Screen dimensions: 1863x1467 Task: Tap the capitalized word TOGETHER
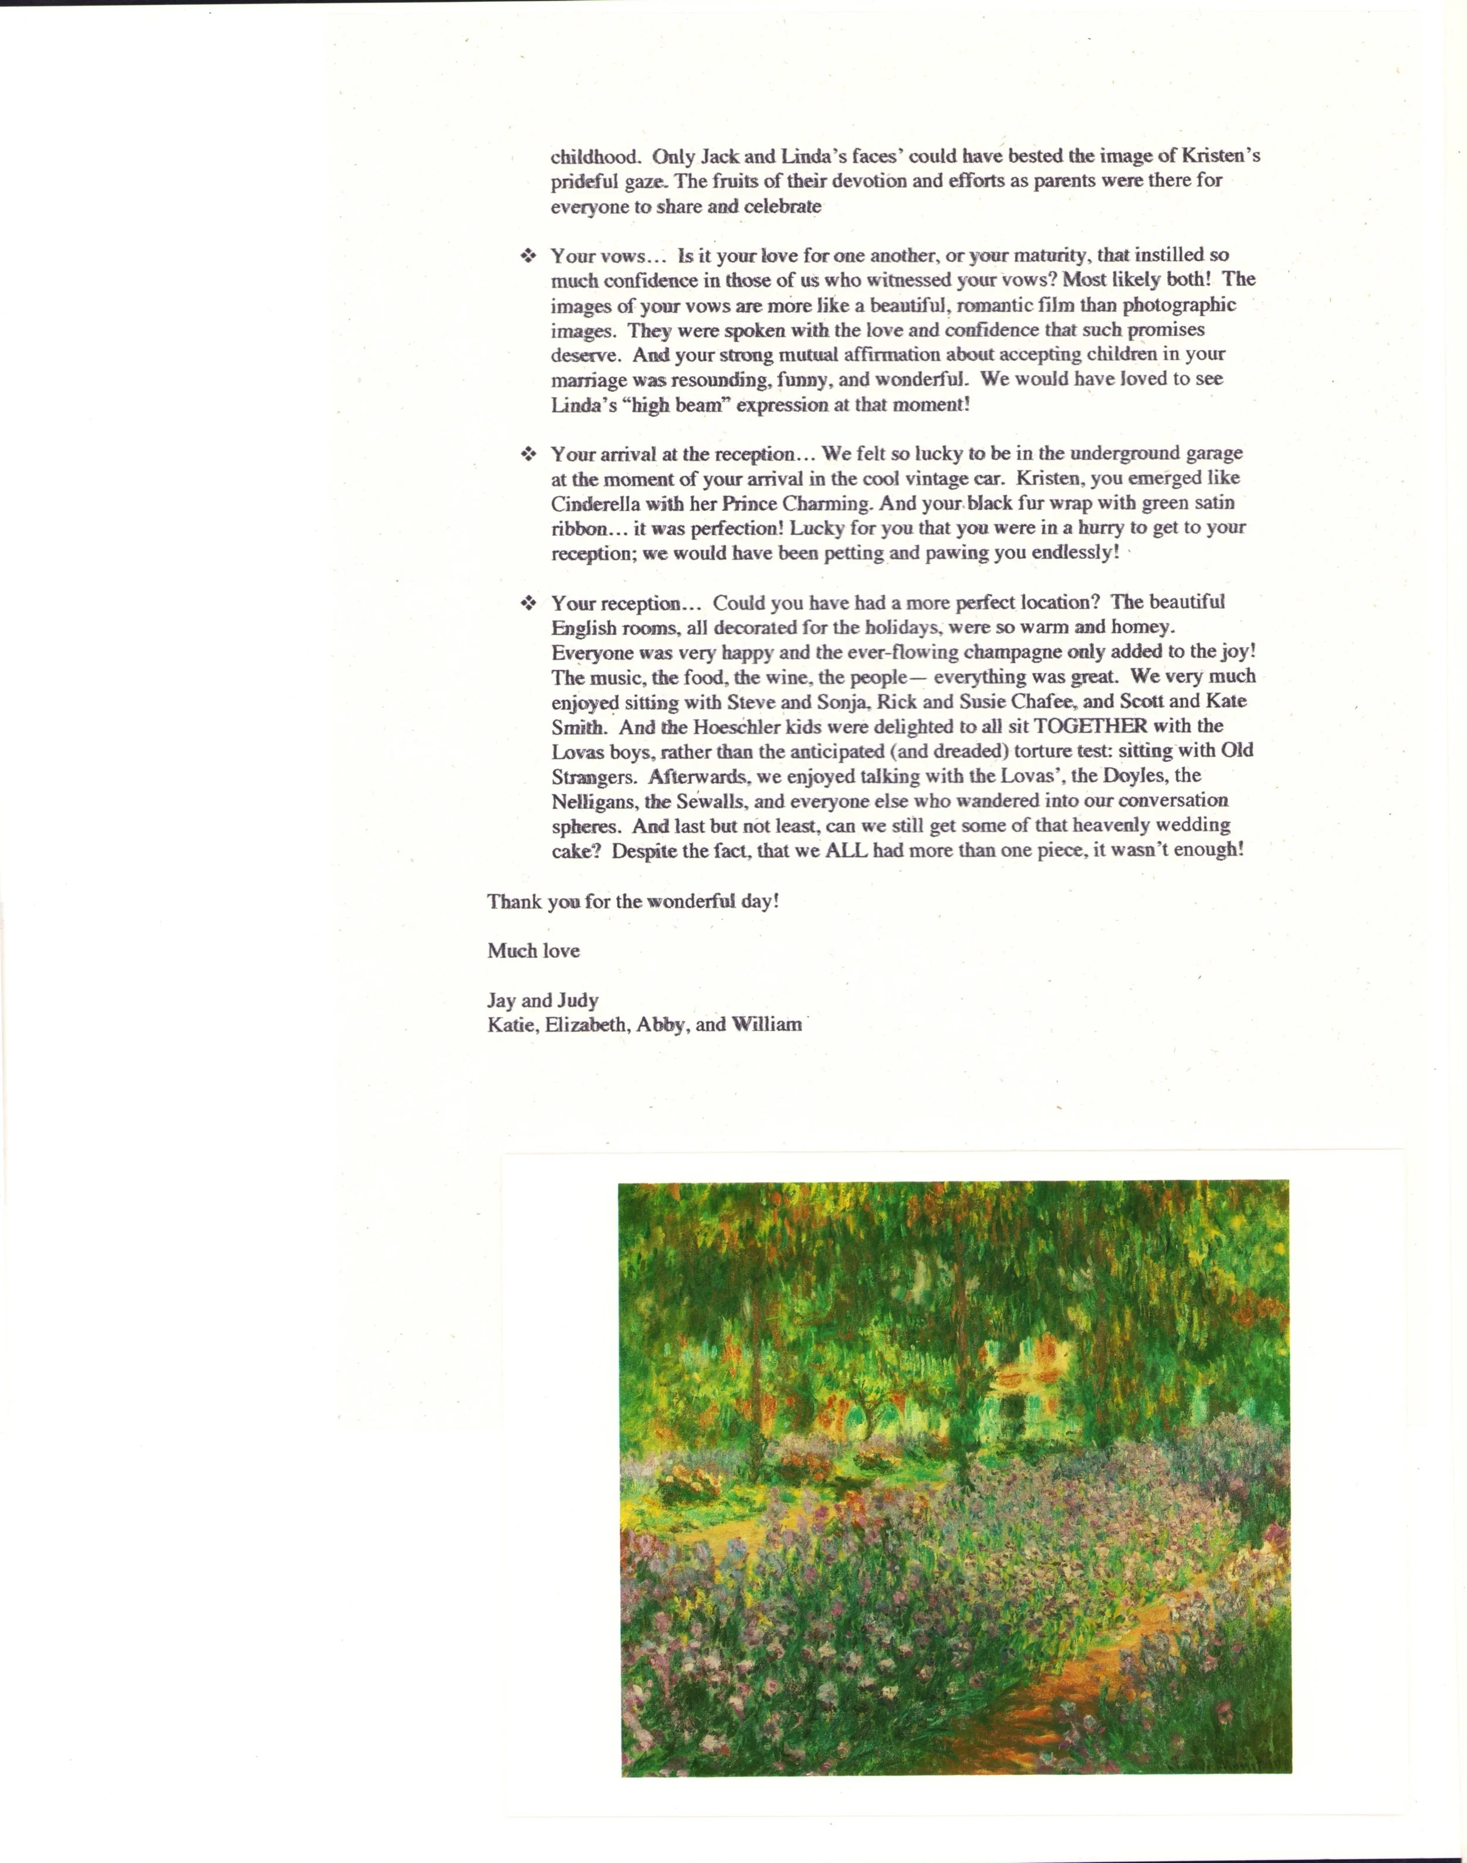[1091, 726]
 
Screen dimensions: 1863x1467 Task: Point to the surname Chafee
[1042, 701]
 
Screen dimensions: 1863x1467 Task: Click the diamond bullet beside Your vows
[528, 255]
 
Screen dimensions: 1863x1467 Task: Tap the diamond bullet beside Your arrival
[528, 454]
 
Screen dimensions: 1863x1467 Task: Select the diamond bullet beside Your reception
[528, 603]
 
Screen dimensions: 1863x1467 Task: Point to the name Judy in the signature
[577, 1000]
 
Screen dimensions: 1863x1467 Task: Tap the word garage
[1214, 454]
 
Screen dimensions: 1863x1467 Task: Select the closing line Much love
[533, 951]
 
